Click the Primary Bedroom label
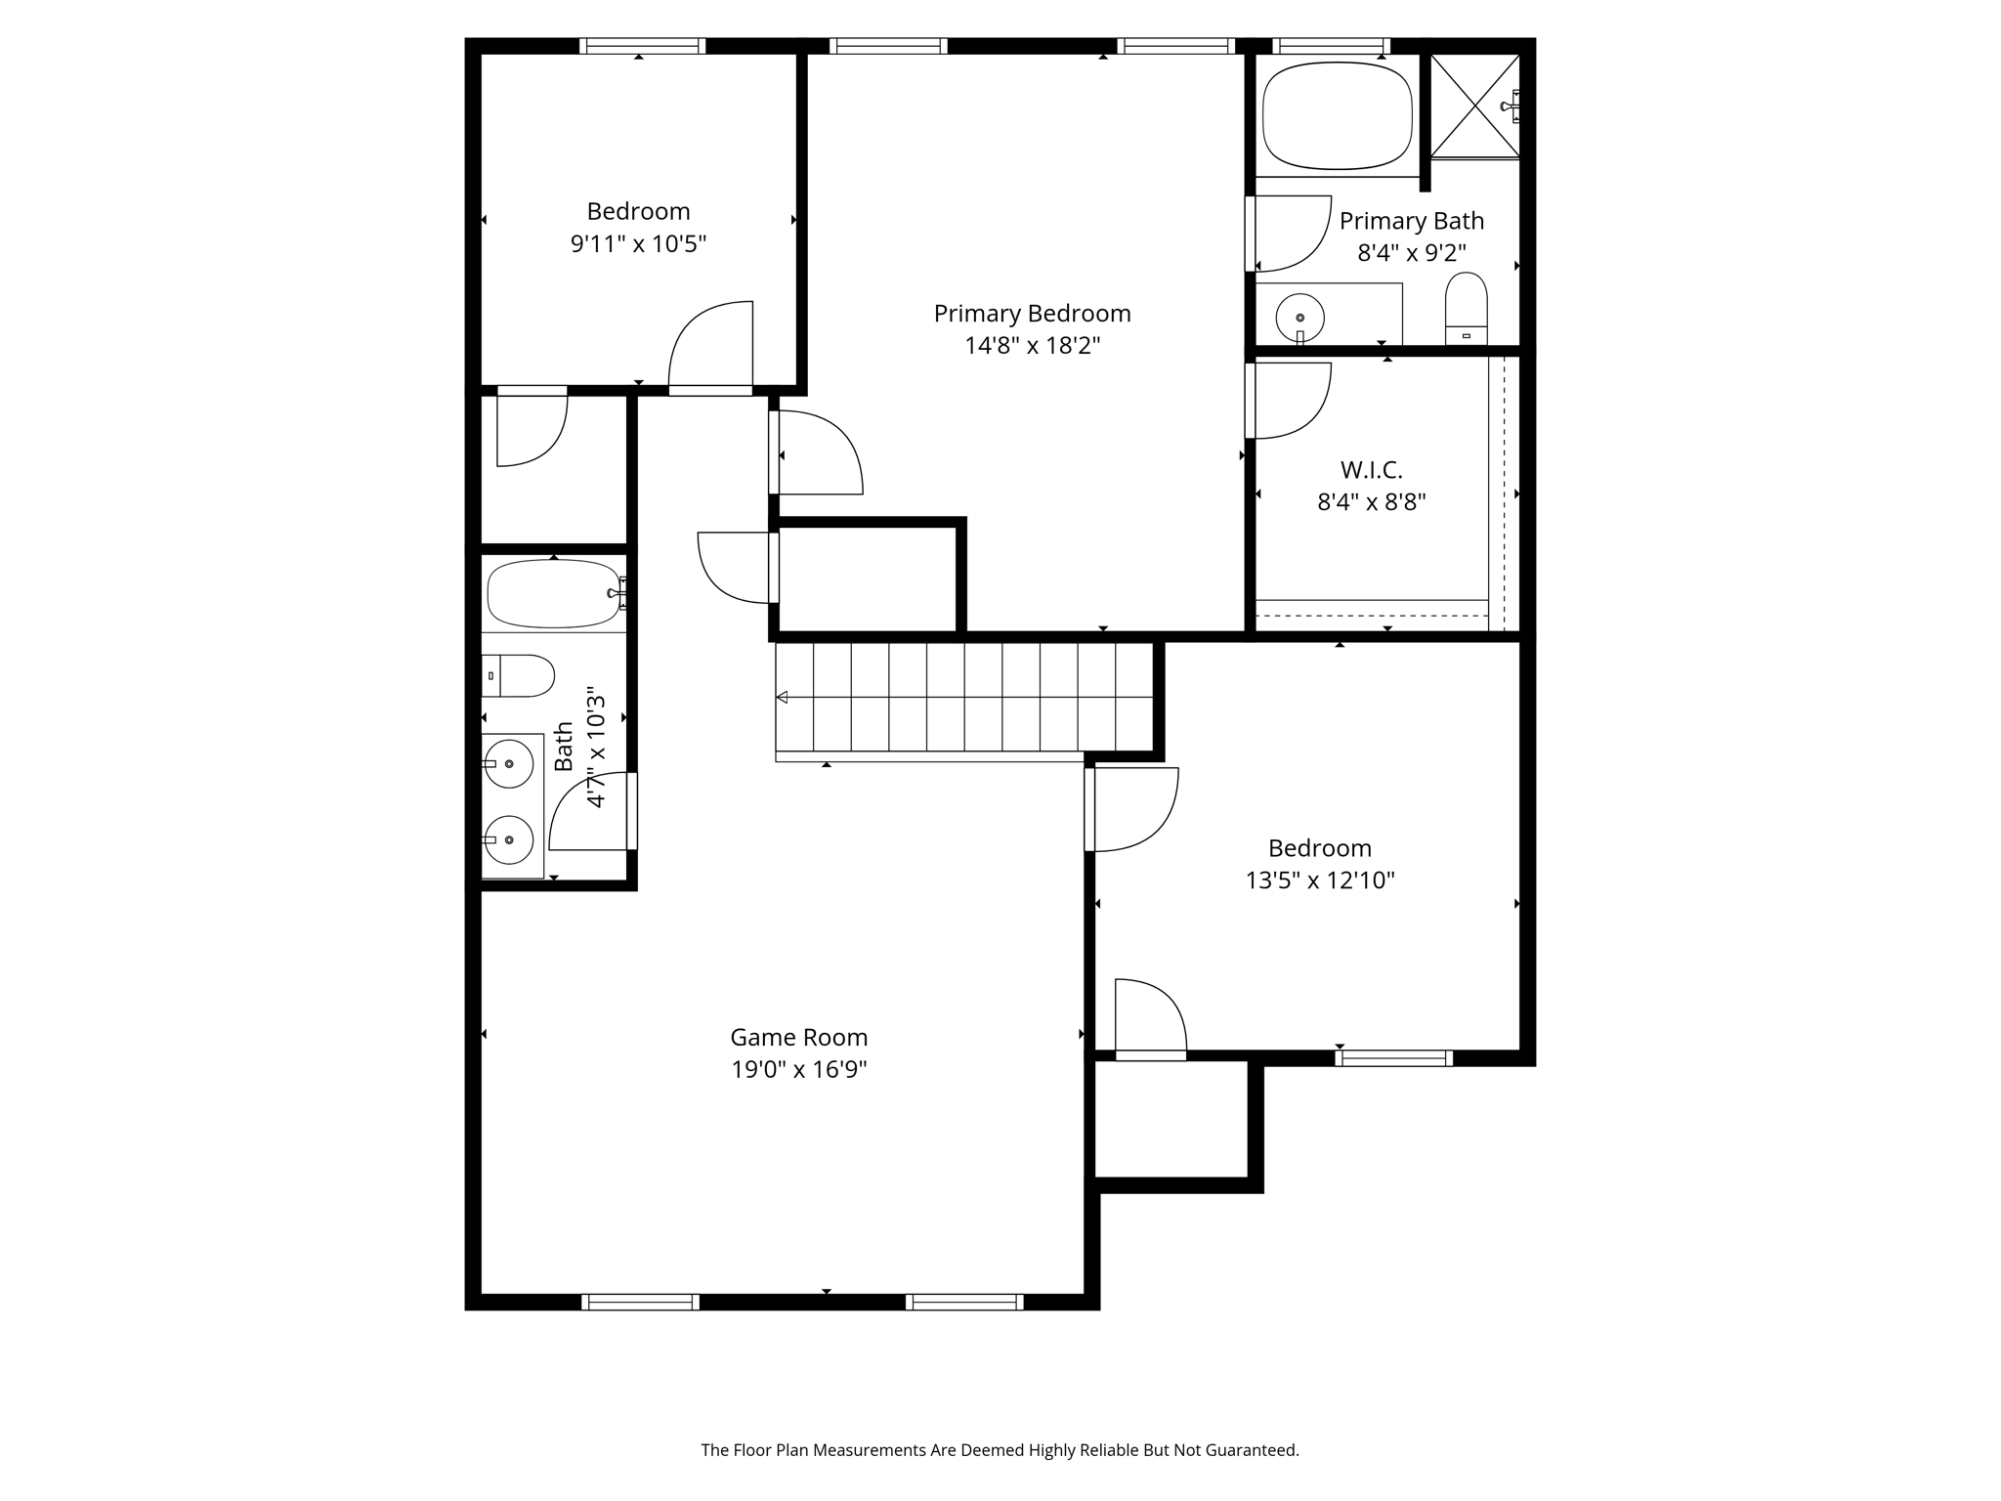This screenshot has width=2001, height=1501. pos(1032,314)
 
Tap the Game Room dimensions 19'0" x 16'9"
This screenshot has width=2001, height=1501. pos(799,1069)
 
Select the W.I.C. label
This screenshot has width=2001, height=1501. pos(1371,470)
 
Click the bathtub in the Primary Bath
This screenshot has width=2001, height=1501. pos(1338,118)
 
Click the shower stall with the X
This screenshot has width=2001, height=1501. pos(1474,107)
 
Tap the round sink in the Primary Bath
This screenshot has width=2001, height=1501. pos(1299,317)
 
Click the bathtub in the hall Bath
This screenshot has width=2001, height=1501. pos(552,593)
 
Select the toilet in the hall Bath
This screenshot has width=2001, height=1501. pos(520,675)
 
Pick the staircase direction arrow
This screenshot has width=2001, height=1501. pos(782,697)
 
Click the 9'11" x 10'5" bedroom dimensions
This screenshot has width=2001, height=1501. pos(638,243)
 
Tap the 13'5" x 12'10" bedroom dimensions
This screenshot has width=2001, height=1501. pos(1319,880)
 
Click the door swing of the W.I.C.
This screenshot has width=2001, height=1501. pos(1293,401)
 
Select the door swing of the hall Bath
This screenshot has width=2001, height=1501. pos(588,811)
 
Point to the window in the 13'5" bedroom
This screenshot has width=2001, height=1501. pos(1393,1057)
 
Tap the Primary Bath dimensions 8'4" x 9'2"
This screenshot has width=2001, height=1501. pos(1411,253)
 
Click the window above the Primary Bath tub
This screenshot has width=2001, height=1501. pos(1331,46)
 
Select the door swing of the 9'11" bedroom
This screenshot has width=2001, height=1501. pos(711,345)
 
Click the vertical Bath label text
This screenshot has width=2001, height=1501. pos(564,747)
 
